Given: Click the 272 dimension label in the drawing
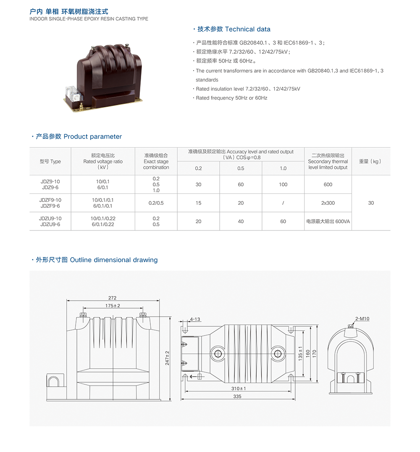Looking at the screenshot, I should [x=113, y=298].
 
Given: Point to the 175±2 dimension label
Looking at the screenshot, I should [x=113, y=306].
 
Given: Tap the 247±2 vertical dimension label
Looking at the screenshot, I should [x=167, y=358].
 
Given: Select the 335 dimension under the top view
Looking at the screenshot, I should [x=237, y=396].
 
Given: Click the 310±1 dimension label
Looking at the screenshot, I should [x=239, y=389].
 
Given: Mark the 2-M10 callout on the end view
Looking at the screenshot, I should [x=362, y=319].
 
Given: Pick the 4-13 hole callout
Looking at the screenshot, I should [x=195, y=319].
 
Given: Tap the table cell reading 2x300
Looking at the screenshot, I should [x=328, y=203].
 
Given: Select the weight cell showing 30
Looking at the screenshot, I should [x=371, y=203].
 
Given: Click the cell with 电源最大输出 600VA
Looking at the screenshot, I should [x=328, y=222].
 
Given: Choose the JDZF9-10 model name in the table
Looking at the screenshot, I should [x=50, y=200].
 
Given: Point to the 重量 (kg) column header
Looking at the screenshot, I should [x=371, y=161].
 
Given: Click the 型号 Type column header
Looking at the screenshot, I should [x=50, y=161].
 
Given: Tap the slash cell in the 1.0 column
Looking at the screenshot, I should [x=283, y=203].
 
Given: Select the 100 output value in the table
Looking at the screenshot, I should [x=283, y=185].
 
